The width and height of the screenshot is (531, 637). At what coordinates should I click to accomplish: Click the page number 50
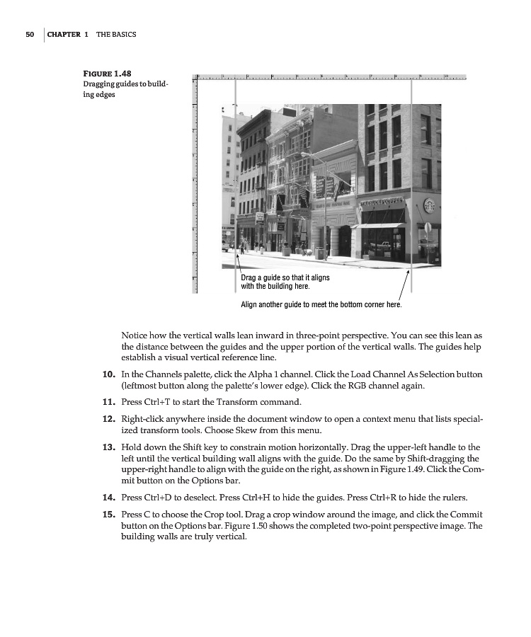[x=29, y=35]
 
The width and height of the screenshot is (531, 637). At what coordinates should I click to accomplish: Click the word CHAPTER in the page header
[x=64, y=35]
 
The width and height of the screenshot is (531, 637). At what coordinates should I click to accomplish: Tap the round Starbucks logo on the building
[x=428, y=205]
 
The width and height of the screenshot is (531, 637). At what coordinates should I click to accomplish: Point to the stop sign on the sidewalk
[x=428, y=228]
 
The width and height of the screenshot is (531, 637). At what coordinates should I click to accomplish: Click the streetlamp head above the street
[x=303, y=154]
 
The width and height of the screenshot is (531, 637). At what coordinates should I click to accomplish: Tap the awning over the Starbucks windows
[x=381, y=226]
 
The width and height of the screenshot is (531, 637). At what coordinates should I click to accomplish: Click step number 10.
[x=109, y=374]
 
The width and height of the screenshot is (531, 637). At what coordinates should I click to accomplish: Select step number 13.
[x=109, y=448]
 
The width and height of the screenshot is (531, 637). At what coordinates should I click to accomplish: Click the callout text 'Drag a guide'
[x=265, y=278]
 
